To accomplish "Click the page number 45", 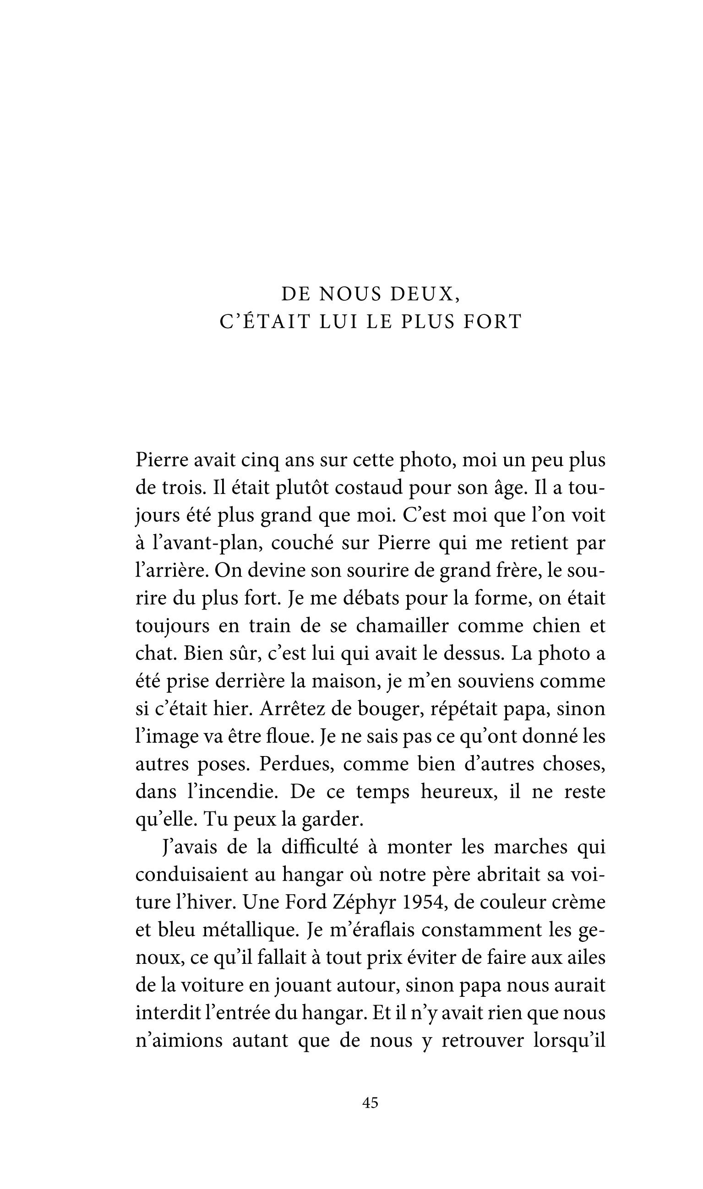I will [x=370, y=1103].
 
